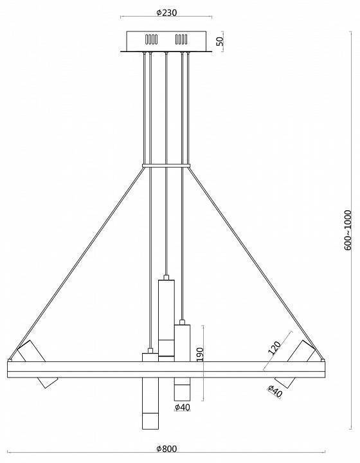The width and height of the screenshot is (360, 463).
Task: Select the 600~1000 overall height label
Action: tap(348, 230)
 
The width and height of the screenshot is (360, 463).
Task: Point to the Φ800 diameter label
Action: tap(168, 448)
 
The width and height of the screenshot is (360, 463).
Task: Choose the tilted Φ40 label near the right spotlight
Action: tap(274, 390)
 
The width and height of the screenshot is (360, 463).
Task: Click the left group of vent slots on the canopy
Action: tap(152, 39)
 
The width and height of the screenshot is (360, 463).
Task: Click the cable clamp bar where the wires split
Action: tap(166, 167)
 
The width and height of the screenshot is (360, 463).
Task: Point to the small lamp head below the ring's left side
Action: tap(47, 382)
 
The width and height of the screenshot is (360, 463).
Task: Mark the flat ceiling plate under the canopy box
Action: tap(166, 51)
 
